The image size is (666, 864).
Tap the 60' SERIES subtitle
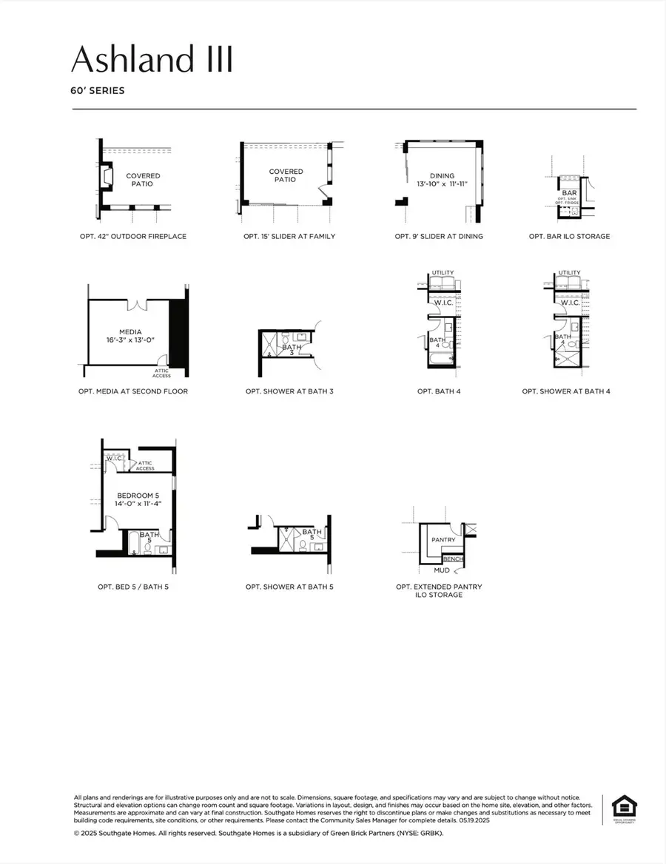coord(98,92)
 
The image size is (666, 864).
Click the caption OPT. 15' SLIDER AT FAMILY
coord(289,237)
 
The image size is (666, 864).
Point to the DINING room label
coord(442,176)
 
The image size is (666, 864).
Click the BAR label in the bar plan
coord(569,192)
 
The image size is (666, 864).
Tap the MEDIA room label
coord(130,332)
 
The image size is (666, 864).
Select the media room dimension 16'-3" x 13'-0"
coord(130,341)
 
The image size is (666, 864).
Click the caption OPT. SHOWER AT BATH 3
coord(289,391)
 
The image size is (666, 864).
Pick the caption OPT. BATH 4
coord(439,391)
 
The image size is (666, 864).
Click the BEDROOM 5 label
coord(138,495)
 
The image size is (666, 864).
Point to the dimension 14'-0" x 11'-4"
coord(138,504)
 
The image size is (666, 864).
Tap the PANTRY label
coord(443,540)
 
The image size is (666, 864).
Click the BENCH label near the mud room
coord(453,559)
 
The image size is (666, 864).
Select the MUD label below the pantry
coord(442,570)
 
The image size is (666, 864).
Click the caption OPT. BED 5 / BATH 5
coord(137,587)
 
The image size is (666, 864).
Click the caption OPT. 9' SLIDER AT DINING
coord(439,237)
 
